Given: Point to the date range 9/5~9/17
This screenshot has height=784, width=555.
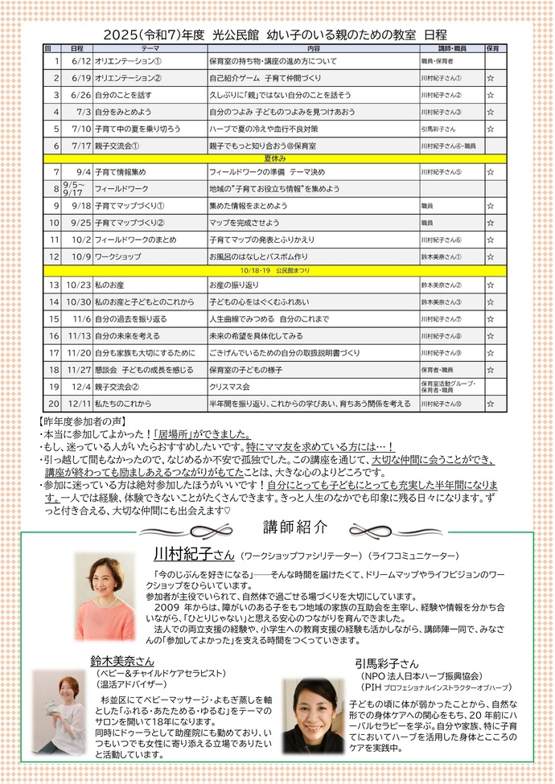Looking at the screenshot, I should click(x=73, y=189).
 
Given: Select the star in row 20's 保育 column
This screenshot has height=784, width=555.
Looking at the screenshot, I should click(x=490, y=404).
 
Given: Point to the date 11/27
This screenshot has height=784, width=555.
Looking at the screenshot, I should click(x=80, y=370).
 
